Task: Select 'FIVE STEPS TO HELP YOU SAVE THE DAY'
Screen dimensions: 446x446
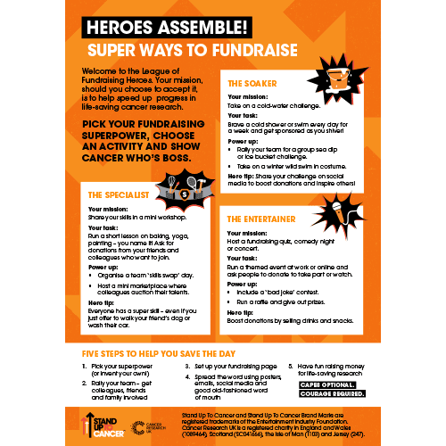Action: coord(161,353)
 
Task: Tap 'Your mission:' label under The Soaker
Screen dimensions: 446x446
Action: coord(245,96)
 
